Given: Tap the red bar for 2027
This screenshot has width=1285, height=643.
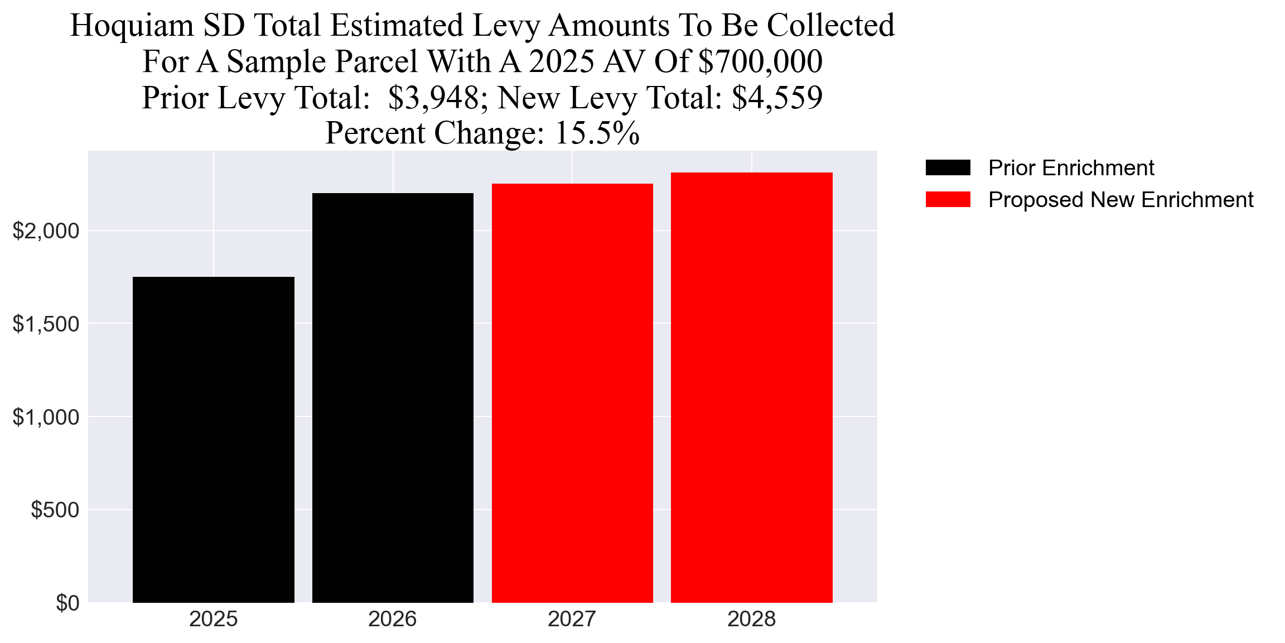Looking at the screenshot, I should pyautogui.click(x=572, y=393).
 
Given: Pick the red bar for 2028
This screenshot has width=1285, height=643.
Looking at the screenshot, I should pyautogui.click(x=752, y=387).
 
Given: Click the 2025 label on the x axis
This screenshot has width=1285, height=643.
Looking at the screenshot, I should pyautogui.click(x=214, y=619).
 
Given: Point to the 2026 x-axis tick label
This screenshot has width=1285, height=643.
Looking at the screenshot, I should pyautogui.click(x=393, y=619).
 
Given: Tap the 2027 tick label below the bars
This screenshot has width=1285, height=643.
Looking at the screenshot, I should pyautogui.click(x=572, y=619).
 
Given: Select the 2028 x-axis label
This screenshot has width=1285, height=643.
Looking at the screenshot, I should pyautogui.click(x=752, y=619).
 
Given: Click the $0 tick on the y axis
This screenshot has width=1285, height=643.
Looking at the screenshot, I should pyautogui.click(x=67, y=603).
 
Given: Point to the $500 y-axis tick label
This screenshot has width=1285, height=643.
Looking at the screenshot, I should pyautogui.click(x=55, y=510).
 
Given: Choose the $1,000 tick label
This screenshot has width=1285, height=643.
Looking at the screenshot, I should pyautogui.click(x=46, y=417).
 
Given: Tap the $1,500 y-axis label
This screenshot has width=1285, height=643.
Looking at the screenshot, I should pyautogui.click(x=46, y=324).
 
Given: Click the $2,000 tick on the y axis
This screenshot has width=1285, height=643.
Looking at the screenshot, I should pyautogui.click(x=46, y=231).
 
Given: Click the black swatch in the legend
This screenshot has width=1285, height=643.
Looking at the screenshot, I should pyautogui.click(x=948, y=167).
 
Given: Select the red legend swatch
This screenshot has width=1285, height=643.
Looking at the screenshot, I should pyautogui.click(x=948, y=199).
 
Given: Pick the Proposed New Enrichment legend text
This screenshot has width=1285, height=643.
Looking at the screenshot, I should pyautogui.click(x=1120, y=199).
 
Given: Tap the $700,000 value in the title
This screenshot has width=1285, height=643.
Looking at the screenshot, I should pyautogui.click(x=760, y=61).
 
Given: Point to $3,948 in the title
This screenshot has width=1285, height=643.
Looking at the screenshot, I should pyautogui.click(x=433, y=98).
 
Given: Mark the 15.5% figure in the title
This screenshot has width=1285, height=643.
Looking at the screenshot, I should pyautogui.click(x=597, y=133).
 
